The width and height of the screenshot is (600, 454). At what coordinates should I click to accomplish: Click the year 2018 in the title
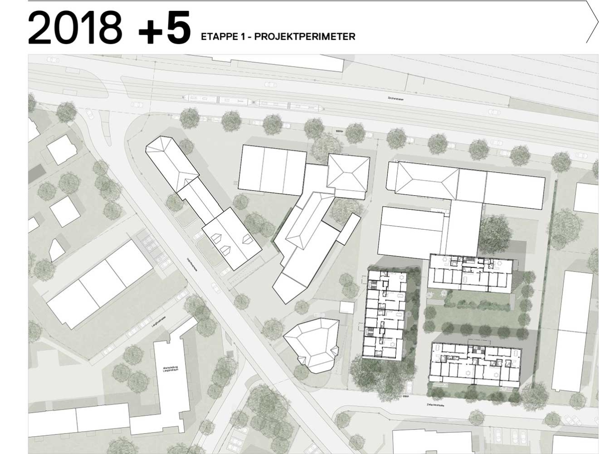(x=75, y=28)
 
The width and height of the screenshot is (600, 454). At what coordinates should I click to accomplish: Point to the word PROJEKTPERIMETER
(x=305, y=37)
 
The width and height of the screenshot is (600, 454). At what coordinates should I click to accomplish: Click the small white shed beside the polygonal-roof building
(x=346, y=308)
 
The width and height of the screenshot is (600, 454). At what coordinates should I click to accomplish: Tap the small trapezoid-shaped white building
(x=56, y=250)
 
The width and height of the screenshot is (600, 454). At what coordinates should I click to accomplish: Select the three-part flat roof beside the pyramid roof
(x=272, y=170)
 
